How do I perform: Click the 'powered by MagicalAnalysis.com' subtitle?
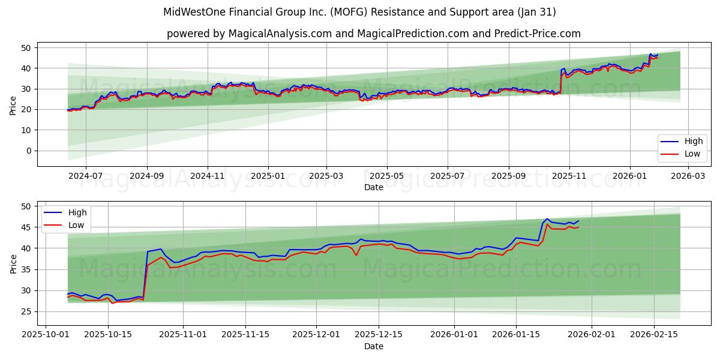pyautogui.click(x=373, y=34)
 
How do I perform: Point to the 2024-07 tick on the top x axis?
pyautogui.click(x=86, y=176)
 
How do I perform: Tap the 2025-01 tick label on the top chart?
pyautogui.click(x=268, y=176)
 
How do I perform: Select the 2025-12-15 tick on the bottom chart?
pyautogui.click(x=378, y=334)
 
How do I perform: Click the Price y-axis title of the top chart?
pyautogui.click(x=13, y=106)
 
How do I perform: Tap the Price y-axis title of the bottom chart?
pyautogui.click(x=13, y=263)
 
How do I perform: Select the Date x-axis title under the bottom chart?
pyautogui.click(x=373, y=346)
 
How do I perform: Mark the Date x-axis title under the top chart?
pyautogui.click(x=373, y=187)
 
